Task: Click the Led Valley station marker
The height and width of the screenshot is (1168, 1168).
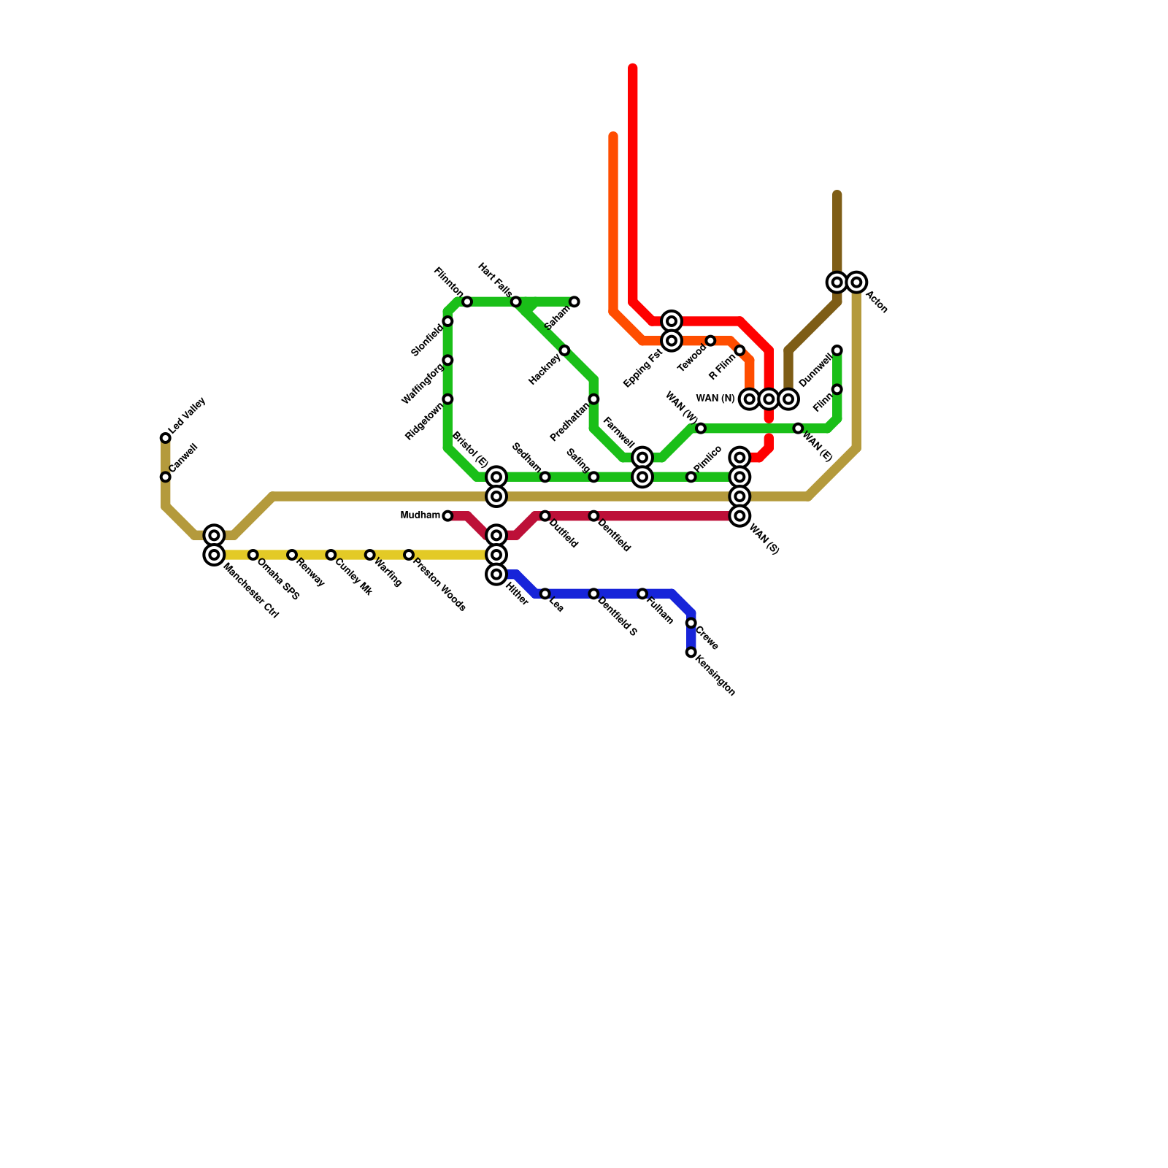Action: tap(166, 438)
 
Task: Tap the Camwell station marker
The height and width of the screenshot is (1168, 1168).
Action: tap(166, 477)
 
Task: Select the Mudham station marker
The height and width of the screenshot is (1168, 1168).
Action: tap(447, 516)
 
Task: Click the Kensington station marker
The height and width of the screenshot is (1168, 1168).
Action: tap(691, 653)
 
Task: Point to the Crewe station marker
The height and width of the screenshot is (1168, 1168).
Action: tap(691, 623)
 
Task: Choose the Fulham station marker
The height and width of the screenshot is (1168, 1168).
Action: tap(642, 594)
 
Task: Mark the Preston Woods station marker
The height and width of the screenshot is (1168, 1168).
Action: tap(409, 556)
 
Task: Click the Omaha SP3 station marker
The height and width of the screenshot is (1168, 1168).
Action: tap(253, 556)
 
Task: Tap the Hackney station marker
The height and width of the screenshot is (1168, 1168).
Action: tap(564, 351)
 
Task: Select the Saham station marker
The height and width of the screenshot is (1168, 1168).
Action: tap(575, 302)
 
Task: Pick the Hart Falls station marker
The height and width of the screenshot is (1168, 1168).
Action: tap(516, 302)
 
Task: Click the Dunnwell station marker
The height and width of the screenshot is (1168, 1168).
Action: tap(837, 351)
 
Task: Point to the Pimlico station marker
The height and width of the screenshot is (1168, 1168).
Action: tap(691, 477)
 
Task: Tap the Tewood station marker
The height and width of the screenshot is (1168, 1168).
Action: tap(710, 341)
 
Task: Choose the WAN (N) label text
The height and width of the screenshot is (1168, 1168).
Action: tap(715, 399)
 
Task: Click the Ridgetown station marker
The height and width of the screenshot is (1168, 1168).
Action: tap(447, 399)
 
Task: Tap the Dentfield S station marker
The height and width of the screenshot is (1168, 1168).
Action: tap(593, 594)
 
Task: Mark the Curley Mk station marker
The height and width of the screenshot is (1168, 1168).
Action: tap(331, 556)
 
